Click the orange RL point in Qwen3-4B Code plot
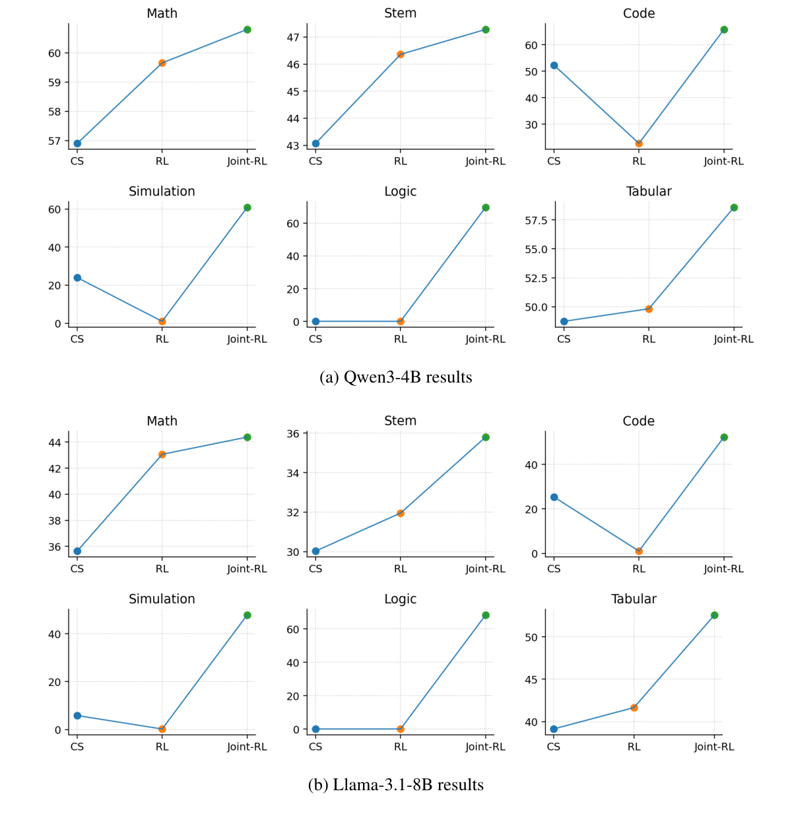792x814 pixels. (639, 143)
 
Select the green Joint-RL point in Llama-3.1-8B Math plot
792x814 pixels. (247, 437)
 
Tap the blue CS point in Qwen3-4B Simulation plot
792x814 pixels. (77, 277)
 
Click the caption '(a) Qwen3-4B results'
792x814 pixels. (395, 377)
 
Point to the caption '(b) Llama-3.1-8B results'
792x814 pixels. (395, 785)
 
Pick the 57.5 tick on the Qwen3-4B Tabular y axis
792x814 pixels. (537, 220)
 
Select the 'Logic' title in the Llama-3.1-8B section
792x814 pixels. (400, 599)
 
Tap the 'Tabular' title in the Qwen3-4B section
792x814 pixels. (649, 192)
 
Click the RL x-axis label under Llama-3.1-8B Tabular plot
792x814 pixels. (634, 747)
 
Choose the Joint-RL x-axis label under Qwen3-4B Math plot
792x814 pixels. (247, 161)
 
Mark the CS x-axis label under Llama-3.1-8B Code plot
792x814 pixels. (554, 569)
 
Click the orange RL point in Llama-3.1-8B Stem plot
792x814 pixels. (401, 513)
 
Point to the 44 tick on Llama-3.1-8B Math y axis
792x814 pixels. (55, 442)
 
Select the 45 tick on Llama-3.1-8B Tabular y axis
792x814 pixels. (532, 679)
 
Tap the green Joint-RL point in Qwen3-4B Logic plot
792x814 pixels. (486, 207)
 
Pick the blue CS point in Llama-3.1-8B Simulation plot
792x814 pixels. (77, 716)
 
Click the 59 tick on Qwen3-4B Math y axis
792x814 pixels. (55, 83)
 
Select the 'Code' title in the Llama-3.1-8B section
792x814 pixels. (638, 422)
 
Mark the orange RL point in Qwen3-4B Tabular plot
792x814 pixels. (649, 309)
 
